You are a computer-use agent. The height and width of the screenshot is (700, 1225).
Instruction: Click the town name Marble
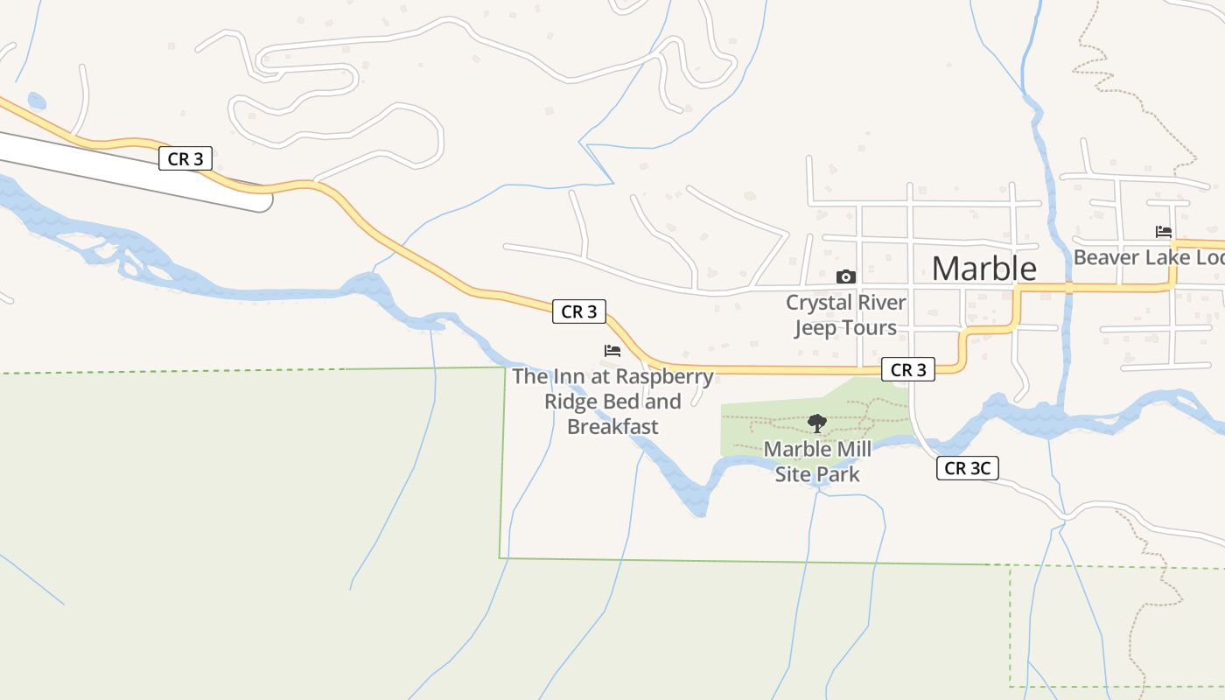click(x=983, y=269)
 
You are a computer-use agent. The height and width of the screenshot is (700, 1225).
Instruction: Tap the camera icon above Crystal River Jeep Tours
click(x=846, y=277)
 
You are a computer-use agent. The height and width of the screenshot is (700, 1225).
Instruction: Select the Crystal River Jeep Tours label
click(x=845, y=315)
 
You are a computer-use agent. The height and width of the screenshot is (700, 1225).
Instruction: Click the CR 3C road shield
click(x=967, y=468)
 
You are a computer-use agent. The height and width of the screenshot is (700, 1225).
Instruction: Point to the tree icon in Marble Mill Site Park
click(x=817, y=424)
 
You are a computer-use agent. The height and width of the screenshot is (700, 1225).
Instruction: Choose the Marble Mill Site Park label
click(x=817, y=462)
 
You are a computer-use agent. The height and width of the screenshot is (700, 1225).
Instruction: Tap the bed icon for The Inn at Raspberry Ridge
click(x=612, y=351)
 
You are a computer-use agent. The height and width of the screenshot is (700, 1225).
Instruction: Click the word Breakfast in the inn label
click(x=612, y=427)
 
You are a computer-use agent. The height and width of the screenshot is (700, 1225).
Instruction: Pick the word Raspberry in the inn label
click(x=663, y=377)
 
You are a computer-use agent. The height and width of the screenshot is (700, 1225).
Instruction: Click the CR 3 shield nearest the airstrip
click(x=185, y=158)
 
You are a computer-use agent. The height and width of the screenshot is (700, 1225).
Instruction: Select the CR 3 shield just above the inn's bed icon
click(x=579, y=311)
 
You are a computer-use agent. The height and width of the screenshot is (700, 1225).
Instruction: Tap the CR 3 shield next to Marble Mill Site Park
click(x=908, y=370)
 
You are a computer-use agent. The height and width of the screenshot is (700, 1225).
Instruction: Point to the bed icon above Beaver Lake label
click(x=1164, y=232)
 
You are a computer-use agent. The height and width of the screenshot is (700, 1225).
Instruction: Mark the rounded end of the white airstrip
click(x=264, y=201)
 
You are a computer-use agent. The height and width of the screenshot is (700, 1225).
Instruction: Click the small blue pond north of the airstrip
click(x=37, y=101)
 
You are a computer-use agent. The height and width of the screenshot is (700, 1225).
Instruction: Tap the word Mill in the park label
click(x=854, y=450)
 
